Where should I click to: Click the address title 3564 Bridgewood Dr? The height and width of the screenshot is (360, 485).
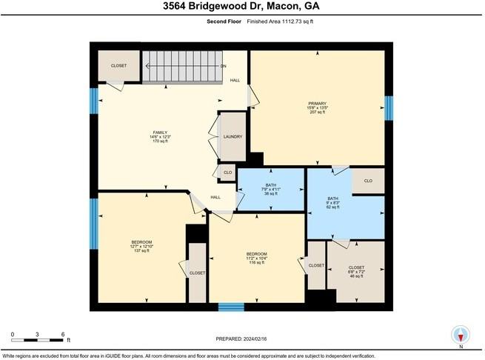241,7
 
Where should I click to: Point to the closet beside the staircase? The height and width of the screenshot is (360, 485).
118,65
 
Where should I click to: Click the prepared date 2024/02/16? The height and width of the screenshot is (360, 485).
242,339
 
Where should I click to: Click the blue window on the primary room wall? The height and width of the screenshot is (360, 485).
389,107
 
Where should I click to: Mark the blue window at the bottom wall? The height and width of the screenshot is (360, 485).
231,306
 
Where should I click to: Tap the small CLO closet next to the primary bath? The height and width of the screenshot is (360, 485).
368,180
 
